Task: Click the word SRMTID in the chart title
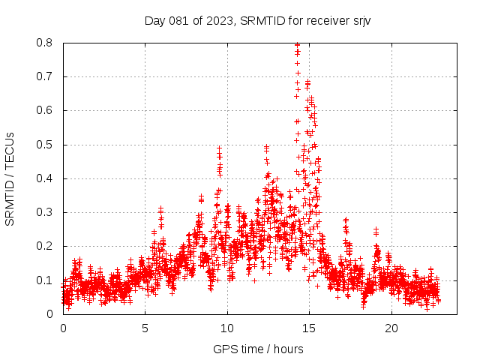coord(265,20)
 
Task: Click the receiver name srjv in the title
coord(358,20)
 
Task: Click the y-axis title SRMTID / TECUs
coord(10,178)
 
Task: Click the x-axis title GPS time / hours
coord(258,349)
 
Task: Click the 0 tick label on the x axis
coord(63,328)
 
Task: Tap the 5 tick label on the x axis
coord(145,328)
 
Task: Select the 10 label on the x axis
coord(227,328)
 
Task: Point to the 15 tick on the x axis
coord(309,328)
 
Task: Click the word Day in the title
coord(155,20)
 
